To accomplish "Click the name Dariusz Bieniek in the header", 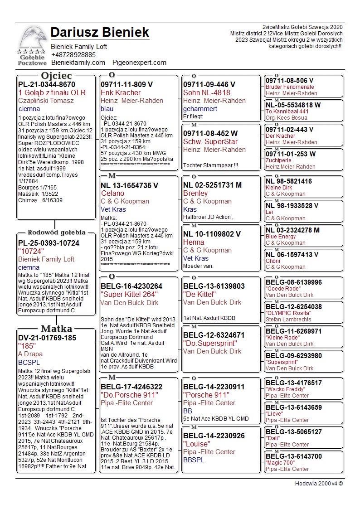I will click(x=100, y=33).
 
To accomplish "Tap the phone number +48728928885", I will click(x=73, y=55).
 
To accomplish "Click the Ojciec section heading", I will click(x=56, y=75).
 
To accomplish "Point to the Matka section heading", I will click(x=56, y=329).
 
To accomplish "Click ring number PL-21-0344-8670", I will click(x=47, y=84).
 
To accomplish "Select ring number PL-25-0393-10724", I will click(x=49, y=243).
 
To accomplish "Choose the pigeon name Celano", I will click(x=112, y=194).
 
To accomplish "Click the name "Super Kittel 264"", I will click(x=129, y=295).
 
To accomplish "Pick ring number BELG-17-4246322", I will click(x=131, y=387).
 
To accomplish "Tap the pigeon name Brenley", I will click(x=195, y=194).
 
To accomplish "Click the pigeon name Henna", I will click(x=194, y=242).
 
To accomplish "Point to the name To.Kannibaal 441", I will click(x=287, y=111).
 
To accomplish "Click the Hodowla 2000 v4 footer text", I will click(x=319, y=484).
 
